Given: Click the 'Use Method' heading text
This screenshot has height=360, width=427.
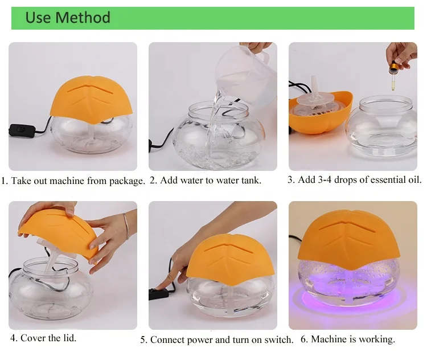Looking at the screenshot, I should point(68,18).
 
